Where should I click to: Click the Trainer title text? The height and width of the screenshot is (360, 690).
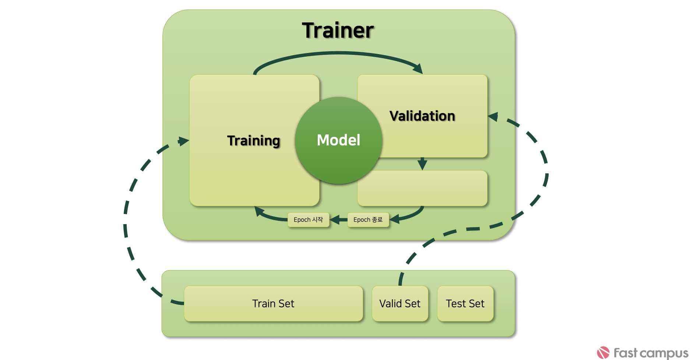click(338, 31)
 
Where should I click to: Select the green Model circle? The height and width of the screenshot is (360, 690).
click(338, 140)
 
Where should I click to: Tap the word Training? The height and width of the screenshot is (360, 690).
click(254, 141)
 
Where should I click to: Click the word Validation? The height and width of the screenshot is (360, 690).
click(422, 116)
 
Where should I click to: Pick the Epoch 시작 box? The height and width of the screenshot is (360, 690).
click(308, 220)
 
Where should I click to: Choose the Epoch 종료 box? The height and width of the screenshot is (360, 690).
click(368, 220)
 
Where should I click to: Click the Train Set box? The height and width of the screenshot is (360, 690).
click(273, 304)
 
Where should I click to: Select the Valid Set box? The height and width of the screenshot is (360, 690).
click(400, 304)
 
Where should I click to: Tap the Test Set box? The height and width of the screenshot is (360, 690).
click(465, 304)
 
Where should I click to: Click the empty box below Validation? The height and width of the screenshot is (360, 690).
click(422, 188)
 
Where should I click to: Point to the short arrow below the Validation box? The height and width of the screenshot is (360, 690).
click(422, 163)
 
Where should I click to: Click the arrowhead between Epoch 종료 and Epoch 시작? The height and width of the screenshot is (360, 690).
click(335, 220)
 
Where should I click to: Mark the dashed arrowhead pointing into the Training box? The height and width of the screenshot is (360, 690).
click(183, 141)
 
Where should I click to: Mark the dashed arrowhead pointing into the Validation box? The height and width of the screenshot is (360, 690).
click(493, 117)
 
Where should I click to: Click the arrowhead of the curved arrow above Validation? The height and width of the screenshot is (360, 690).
click(418, 69)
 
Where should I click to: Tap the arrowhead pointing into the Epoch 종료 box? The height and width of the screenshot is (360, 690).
click(394, 219)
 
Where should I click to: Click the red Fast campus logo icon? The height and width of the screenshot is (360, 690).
click(603, 353)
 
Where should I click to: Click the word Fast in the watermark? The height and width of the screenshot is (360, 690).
click(625, 353)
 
